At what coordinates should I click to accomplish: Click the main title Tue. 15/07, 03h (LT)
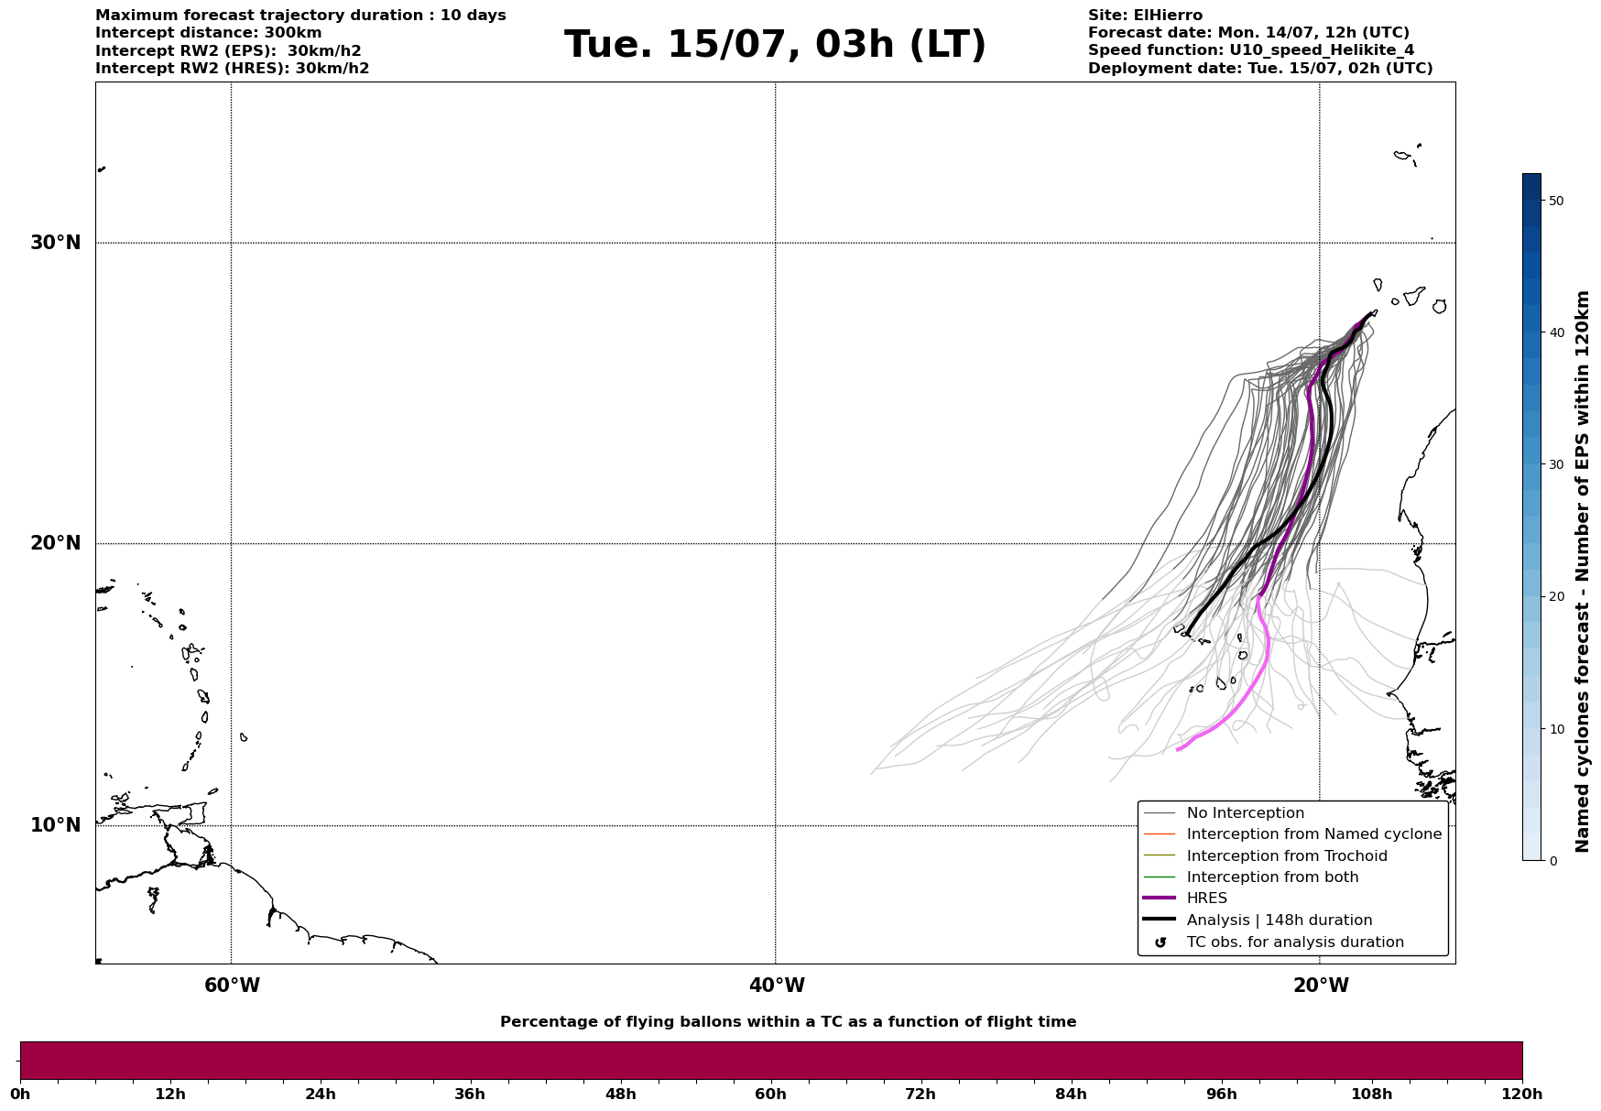[775, 45]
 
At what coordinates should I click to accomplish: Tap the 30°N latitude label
[55, 243]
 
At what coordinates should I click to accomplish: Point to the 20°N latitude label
[55, 543]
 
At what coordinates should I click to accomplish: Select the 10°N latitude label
[55, 825]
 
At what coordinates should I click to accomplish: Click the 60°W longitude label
[232, 986]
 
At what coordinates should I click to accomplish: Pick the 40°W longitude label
[777, 986]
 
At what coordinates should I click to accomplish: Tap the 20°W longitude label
[1321, 986]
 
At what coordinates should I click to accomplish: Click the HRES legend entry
[1206, 899]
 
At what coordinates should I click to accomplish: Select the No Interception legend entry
[1245, 813]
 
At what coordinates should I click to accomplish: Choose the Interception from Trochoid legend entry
[1286, 856]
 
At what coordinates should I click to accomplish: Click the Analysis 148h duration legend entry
[1279, 920]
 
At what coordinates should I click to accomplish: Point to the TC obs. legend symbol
[1160, 942]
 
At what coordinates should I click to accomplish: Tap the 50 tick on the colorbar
[1555, 201]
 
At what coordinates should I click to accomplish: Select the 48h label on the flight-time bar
[620, 1094]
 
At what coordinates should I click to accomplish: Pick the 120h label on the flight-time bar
[1522, 1094]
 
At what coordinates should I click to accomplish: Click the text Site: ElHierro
[1145, 16]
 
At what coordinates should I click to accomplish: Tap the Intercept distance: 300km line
[209, 33]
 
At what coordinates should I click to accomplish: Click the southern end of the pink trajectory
[1178, 750]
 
